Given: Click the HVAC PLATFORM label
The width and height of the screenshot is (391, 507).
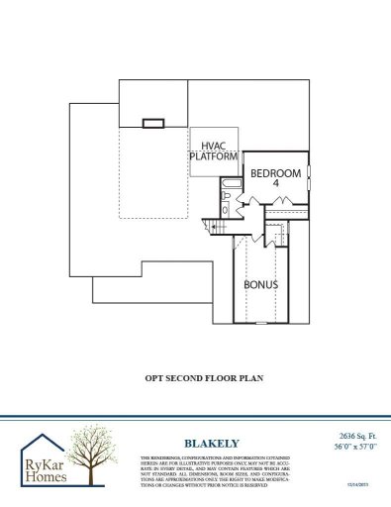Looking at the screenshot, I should [x=213, y=150].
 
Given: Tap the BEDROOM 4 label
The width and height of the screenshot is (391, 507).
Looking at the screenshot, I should [x=274, y=177].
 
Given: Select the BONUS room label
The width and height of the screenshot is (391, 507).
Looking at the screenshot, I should [x=260, y=284].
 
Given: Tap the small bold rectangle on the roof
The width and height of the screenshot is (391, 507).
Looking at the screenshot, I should [x=152, y=124].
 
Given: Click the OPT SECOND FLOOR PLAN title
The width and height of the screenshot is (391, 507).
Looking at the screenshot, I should [x=196, y=377].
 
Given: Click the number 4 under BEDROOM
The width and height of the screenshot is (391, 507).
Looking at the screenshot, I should [x=276, y=184].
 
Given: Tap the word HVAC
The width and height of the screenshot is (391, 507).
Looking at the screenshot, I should [x=213, y=144].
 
